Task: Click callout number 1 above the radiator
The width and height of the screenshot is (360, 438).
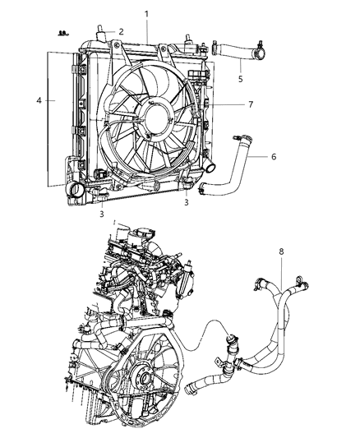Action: point(147,14)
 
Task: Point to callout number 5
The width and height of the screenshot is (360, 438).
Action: point(240,79)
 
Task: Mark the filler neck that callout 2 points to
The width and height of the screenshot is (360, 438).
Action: point(101,35)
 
